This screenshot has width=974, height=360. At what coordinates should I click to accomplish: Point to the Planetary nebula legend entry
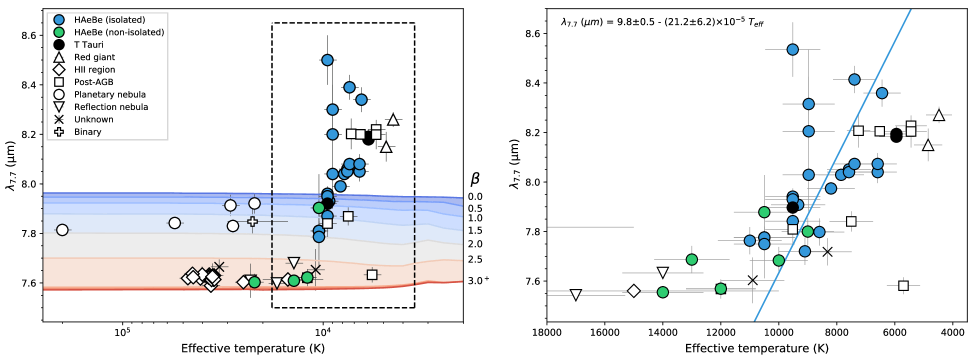pos(110,94)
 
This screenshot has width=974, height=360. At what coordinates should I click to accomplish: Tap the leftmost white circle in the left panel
pos(62,230)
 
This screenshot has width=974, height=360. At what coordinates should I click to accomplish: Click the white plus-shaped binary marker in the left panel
pos(252,221)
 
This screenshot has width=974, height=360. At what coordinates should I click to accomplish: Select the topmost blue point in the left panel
pos(327,60)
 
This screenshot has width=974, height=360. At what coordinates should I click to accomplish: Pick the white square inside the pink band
pos(372,274)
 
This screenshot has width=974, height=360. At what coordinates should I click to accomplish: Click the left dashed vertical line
pos(272,240)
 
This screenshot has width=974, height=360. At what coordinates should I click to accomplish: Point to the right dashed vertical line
pos(415,240)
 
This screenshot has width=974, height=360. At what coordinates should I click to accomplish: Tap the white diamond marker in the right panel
pos(633,291)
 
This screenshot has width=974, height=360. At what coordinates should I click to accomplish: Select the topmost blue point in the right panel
pos(792,49)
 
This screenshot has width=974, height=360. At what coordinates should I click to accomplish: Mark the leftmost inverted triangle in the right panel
pos(575,294)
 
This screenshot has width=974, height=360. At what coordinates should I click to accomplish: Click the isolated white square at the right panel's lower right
pos(903,286)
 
